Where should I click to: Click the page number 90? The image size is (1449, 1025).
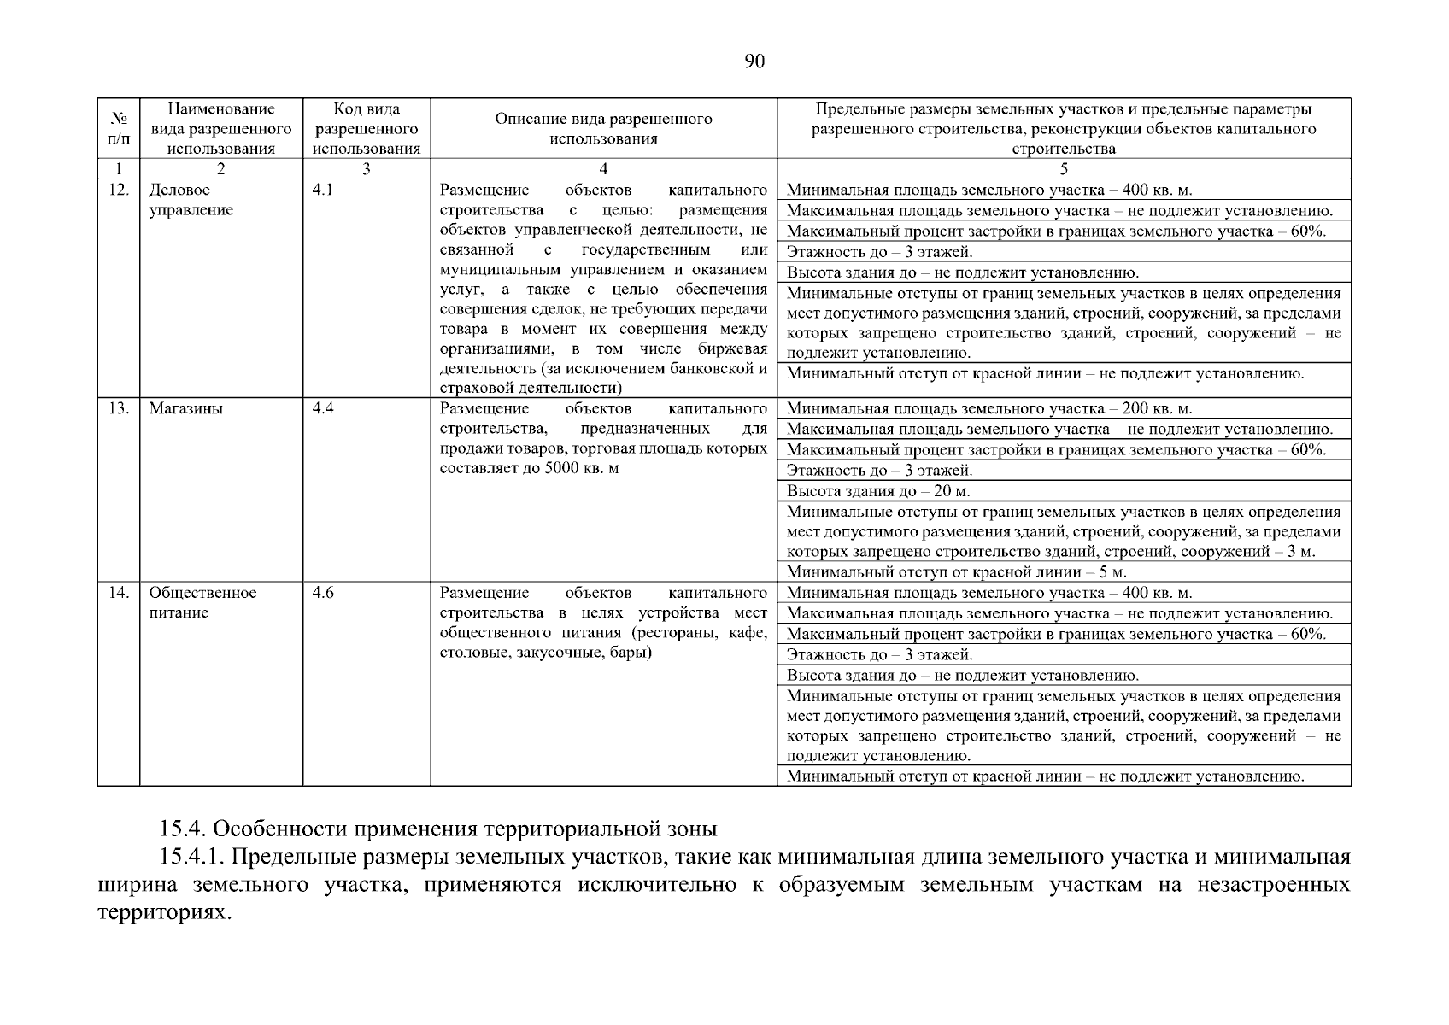tap(754, 61)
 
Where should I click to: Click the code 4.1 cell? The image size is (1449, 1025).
tap(323, 190)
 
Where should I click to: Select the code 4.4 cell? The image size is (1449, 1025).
tap(323, 408)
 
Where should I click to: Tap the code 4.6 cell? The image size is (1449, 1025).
tap(323, 593)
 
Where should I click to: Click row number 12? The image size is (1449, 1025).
tap(119, 190)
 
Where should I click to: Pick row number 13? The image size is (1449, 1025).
tap(119, 408)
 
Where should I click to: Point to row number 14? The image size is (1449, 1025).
tap(119, 593)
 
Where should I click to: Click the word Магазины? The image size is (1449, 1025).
tap(186, 408)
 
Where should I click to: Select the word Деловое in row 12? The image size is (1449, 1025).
tap(179, 190)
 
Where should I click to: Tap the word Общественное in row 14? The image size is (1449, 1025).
tap(202, 593)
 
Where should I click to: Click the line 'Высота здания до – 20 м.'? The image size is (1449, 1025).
tap(878, 491)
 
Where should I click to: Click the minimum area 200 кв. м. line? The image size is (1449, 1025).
tap(988, 409)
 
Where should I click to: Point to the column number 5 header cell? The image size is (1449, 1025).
tap(1064, 169)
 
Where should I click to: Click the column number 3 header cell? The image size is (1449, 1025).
tap(366, 169)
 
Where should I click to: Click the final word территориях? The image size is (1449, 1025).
tap(164, 911)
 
